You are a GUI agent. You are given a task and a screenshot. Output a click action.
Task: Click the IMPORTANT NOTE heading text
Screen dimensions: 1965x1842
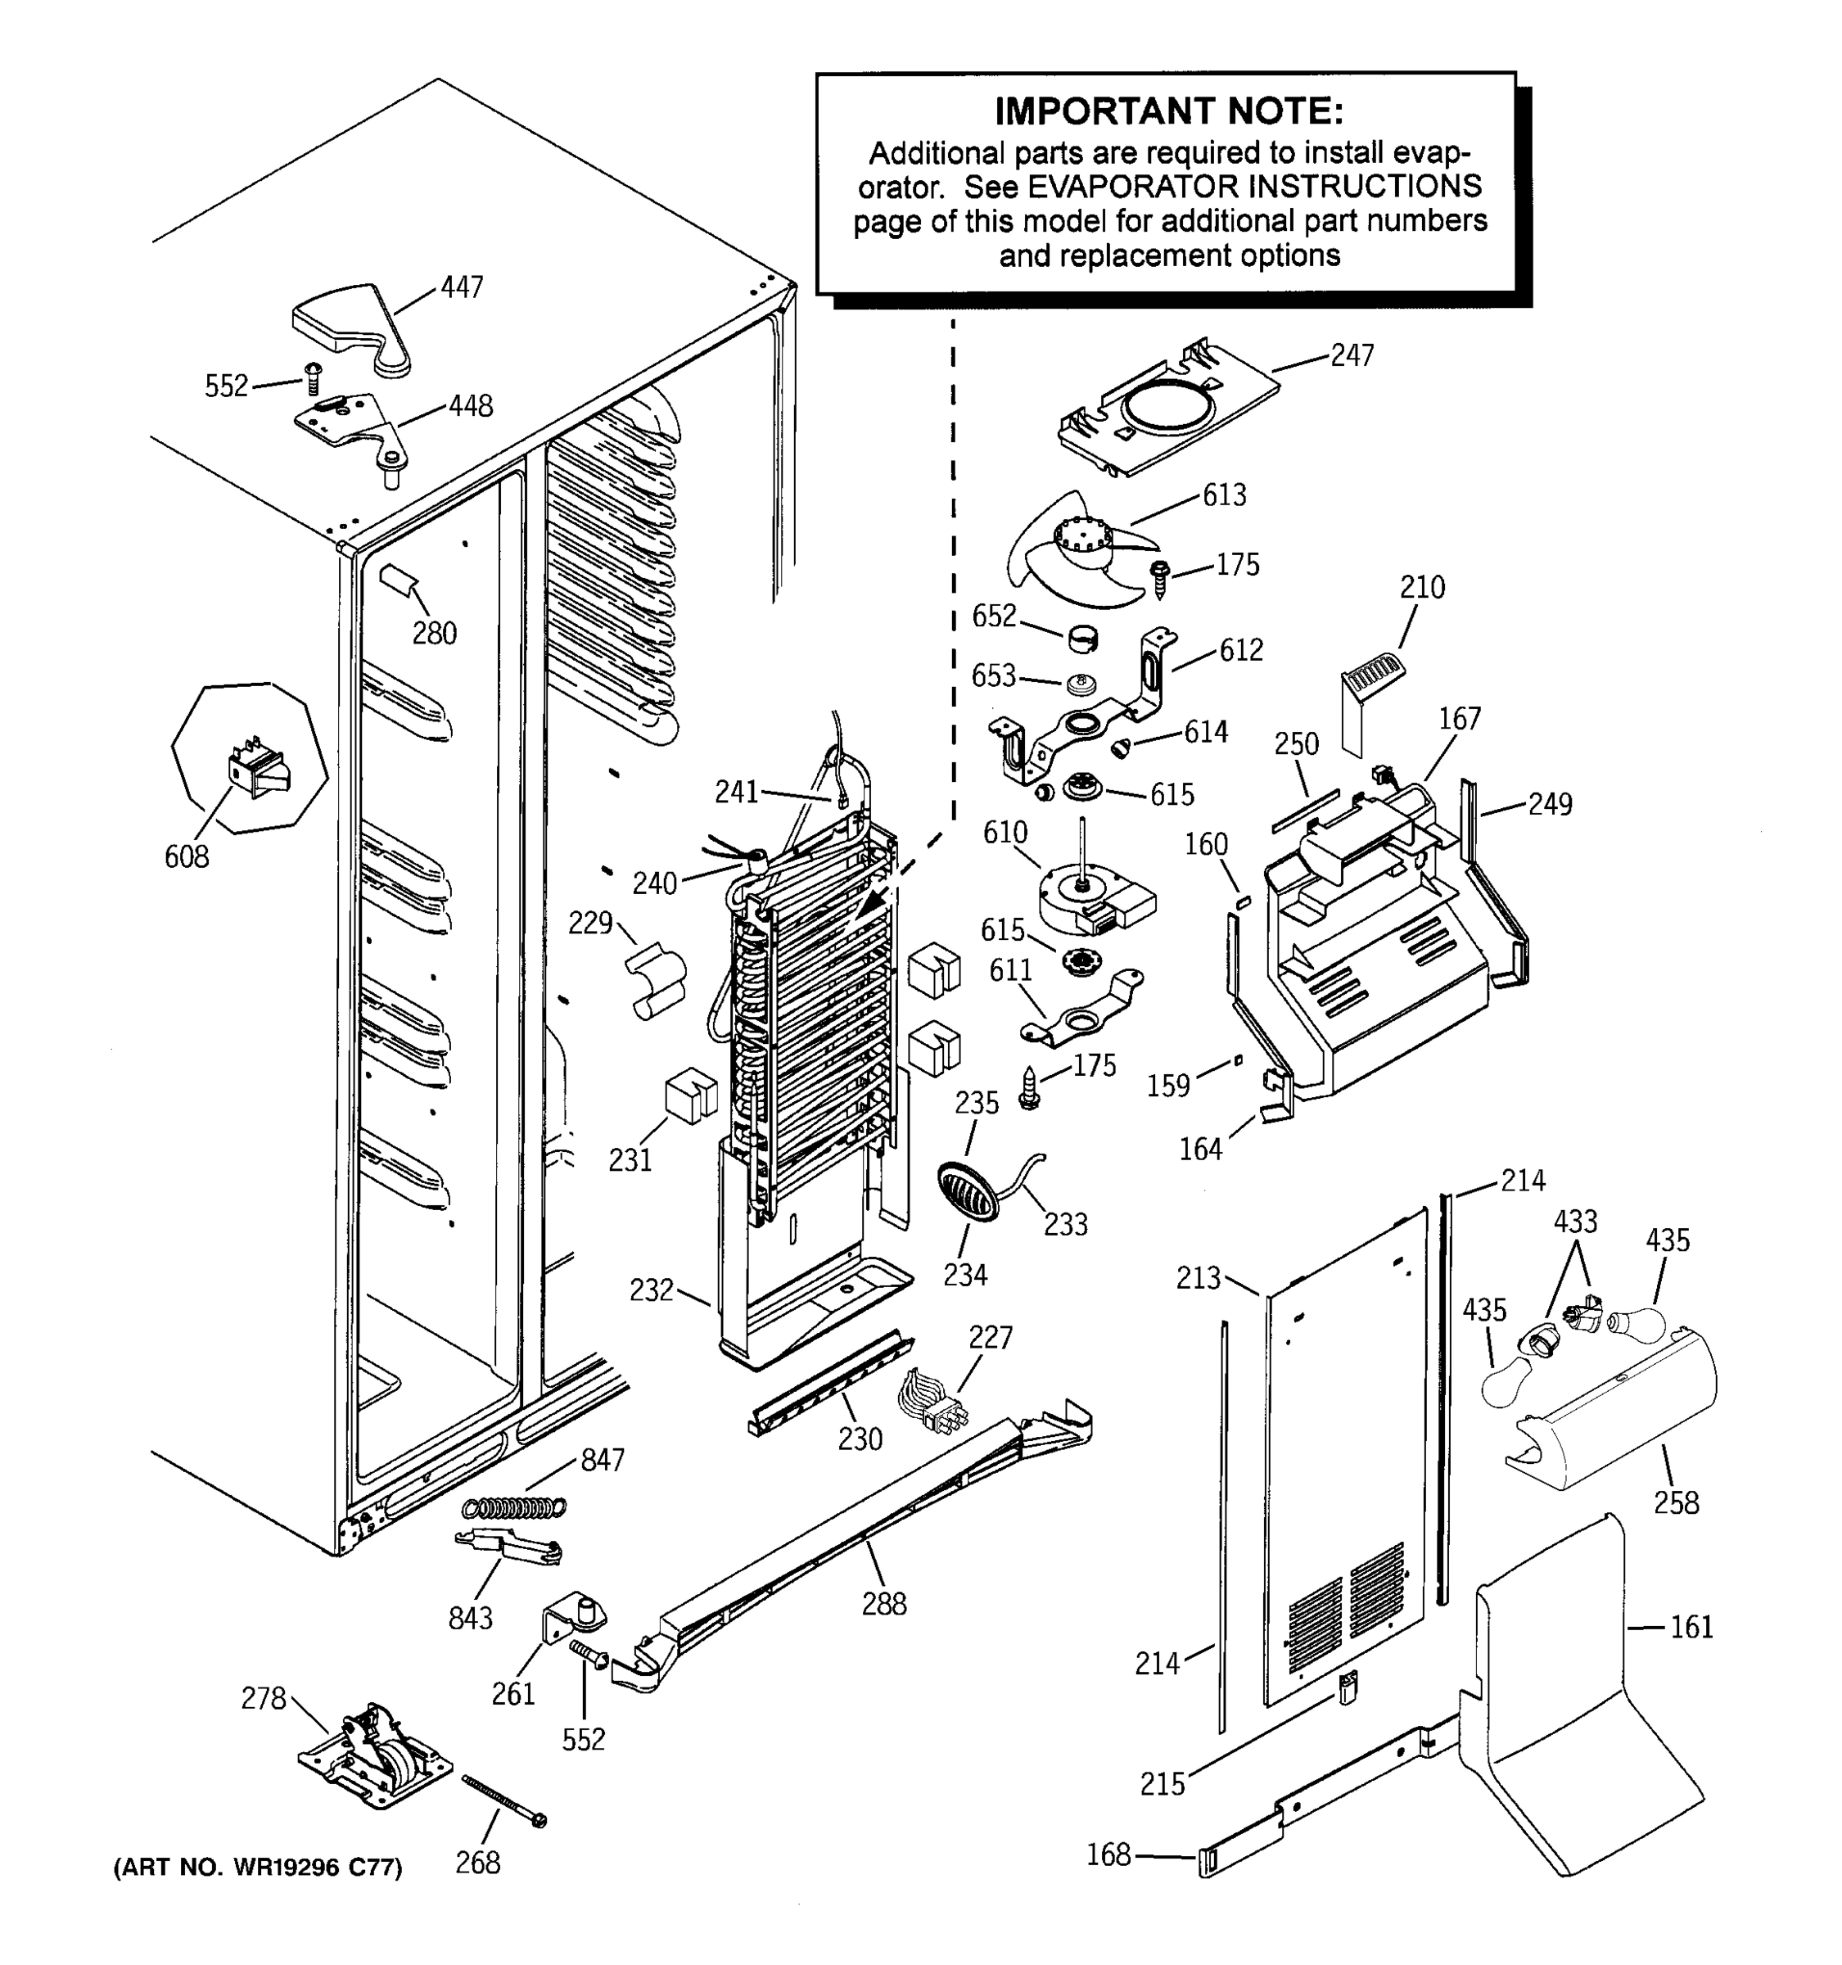click(x=1168, y=111)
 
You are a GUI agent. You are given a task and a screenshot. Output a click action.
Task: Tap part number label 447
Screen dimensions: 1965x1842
click(x=462, y=287)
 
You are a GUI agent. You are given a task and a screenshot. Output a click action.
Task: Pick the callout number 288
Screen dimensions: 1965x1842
click(x=883, y=1603)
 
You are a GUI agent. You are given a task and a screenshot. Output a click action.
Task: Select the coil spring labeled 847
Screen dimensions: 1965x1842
click(x=515, y=1507)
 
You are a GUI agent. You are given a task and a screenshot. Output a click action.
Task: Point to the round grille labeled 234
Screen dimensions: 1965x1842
click(x=968, y=1191)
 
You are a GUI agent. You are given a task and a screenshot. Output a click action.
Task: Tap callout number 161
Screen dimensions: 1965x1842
click(x=1691, y=1627)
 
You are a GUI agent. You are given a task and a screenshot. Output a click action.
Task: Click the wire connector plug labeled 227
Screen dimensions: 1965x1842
click(x=929, y=1407)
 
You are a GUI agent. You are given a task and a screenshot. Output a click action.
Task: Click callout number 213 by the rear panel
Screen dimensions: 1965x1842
click(x=1198, y=1278)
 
